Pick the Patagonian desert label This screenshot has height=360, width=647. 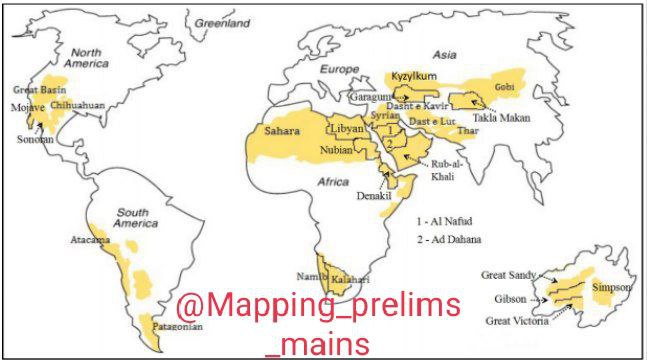pos(177,327)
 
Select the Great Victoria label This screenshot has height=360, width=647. pos(518,321)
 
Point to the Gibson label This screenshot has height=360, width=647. pos(510,299)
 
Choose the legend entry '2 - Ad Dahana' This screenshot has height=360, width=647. pos(452,240)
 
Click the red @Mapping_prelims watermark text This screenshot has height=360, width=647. pos(318,305)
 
